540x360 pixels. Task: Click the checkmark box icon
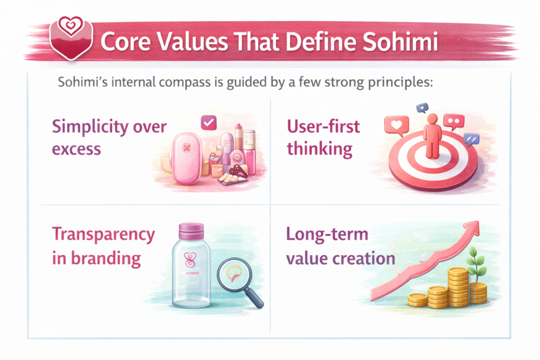pyautogui.click(x=209, y=123)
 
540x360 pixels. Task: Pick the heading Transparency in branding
pyautogui.click(x=103, y=246)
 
